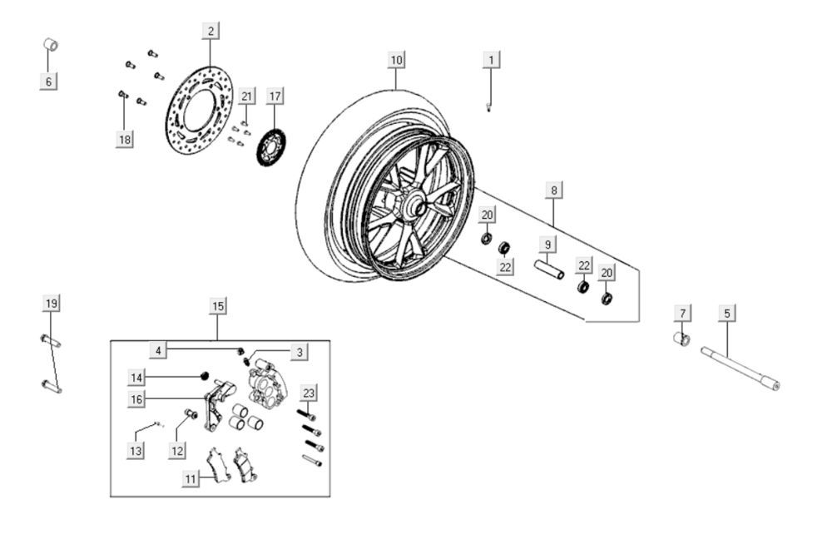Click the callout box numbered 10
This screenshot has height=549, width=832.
(x=396, y=60)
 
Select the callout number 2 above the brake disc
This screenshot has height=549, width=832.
(x=210, y=32)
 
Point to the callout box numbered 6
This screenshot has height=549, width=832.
(x=48, y=82)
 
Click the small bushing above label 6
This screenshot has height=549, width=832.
(x=51, y=43)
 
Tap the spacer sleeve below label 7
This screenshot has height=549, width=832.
(x=681, y=339)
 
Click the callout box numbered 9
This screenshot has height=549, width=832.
(x=547, y=245)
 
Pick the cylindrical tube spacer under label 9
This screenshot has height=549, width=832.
(x=549, y=270)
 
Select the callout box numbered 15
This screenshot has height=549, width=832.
(x=217, y=307)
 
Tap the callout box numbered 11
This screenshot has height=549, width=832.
(x=192, y=479)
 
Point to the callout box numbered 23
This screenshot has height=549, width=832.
(x=310, y=393)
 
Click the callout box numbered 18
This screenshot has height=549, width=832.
(x=124, y=140)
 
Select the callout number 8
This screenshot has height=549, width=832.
(x=554, y=190)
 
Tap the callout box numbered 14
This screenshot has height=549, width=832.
(x=137, y=378)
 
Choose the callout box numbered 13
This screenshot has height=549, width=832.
(x=136, y=451)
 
